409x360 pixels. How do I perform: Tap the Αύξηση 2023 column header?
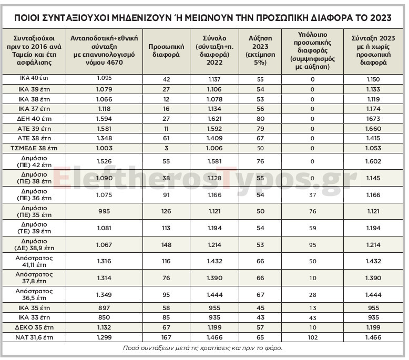click(x=260, y=50)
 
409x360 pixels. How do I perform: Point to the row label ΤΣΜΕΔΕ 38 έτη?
click(x=34, y=148)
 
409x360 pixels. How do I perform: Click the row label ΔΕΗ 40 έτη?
click(x=34, y=119)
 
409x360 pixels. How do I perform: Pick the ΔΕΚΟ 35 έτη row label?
click(x=34, y=327)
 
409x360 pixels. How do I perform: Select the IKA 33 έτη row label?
click(x=34, y=317)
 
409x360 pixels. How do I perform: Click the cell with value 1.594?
click(x=105, y=119)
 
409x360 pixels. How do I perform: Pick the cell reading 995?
click(x=105, y=211)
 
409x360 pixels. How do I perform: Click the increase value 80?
click(x=260, y=119)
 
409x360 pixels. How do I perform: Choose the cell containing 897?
click(x=105, y=308)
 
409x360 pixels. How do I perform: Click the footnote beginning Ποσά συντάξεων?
click(x=204, y=348)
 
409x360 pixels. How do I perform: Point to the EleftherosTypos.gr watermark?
click(x=204, y=179)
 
